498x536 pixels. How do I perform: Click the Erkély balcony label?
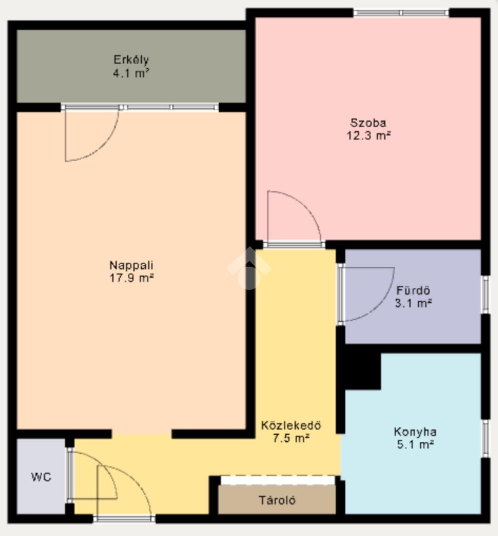point(131,60)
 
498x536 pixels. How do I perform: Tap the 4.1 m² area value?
point(131,73)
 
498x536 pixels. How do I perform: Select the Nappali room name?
point(131,265)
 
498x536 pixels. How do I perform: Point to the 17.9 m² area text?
point(131,278)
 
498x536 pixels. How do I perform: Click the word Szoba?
point(368,122)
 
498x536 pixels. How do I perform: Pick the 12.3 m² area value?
point(368,135)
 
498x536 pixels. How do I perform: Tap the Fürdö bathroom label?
point(413,290)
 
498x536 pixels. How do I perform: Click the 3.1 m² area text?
point(413,303)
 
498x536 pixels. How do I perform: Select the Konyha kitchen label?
point(415,432)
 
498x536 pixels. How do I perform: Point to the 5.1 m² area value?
point(415,444)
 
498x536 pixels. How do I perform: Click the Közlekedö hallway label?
point(291,425)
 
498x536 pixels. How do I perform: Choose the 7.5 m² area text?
point(291,438)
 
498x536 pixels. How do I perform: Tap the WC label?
point(41,477)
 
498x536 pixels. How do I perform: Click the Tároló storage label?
point(277,500)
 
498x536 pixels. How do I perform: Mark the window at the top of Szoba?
point(401,13)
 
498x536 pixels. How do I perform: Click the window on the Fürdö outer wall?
point(485,294)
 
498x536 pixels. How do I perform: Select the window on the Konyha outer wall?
point(485,438)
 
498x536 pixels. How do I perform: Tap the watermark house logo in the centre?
point(249,268)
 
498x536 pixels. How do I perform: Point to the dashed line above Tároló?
point(277,476)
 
